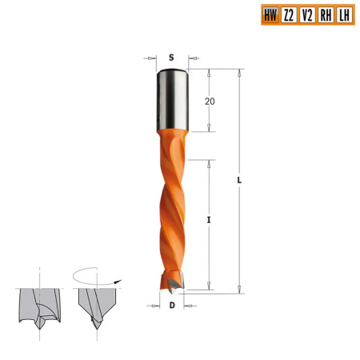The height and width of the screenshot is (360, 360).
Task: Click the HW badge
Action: [271, 14]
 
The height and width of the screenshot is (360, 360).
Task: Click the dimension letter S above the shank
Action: [172, 58]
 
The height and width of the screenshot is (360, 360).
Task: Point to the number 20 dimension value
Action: [210, 102]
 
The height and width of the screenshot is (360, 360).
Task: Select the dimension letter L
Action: [239, 180]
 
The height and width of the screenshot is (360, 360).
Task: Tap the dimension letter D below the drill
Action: [172, 305]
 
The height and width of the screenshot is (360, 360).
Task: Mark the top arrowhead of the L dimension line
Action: [239, 72]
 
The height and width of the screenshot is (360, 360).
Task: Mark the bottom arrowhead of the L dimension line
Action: [239, 290]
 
